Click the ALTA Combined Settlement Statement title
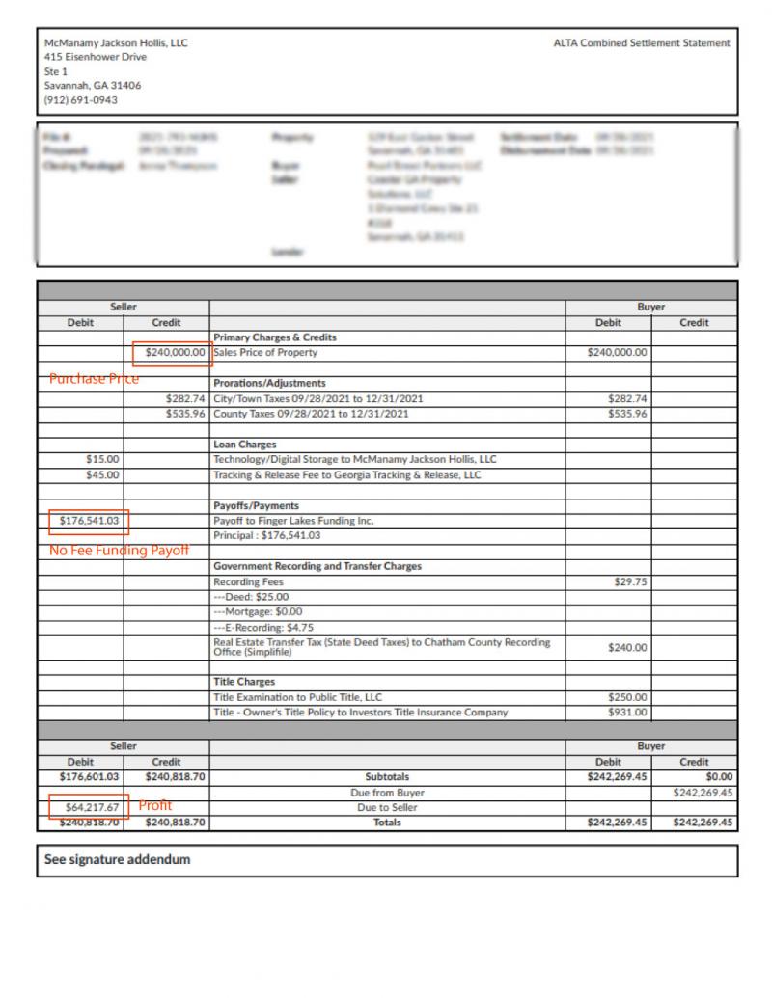[x=642, y=43]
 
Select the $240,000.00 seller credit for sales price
[x=175, y=353]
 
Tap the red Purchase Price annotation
[x=95, y=380]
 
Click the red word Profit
[x=155, y=805]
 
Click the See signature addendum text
[x=118, y=860]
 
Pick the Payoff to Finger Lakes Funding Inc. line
[x=292, y=521]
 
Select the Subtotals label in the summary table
[x=387, y=776]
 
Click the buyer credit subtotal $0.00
[x=719, y=776]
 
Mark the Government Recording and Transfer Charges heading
[x=317, y=566]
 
